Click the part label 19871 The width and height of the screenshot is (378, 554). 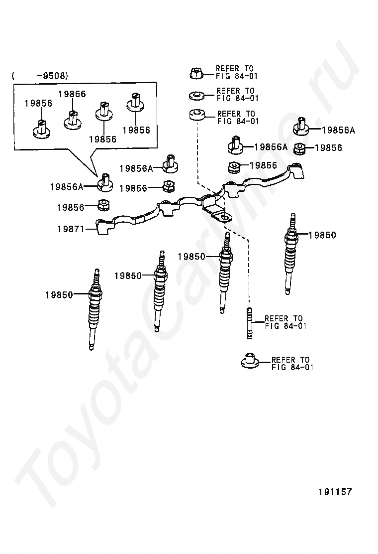70,229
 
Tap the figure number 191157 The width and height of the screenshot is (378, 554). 335,492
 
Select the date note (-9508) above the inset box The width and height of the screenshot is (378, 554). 39,76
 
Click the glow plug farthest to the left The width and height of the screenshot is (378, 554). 94,309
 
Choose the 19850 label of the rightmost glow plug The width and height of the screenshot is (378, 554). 322,235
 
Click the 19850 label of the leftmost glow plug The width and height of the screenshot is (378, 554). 59,294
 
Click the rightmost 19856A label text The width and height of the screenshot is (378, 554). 338,131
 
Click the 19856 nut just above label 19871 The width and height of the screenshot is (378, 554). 103,205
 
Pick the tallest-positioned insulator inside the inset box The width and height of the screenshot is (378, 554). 136,102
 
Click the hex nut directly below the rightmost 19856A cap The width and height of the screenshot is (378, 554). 300,148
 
